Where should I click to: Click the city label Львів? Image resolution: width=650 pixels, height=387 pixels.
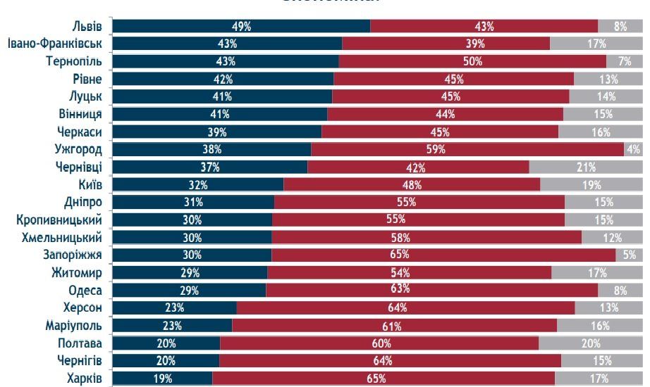point(87,26)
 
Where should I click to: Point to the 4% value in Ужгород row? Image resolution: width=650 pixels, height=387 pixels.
point(633,149)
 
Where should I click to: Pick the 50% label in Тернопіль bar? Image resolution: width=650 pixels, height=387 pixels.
point(472,61)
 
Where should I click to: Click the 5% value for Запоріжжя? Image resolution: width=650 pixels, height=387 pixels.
point(630,255)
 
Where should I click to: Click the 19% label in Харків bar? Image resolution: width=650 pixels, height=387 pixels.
point(162,379)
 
